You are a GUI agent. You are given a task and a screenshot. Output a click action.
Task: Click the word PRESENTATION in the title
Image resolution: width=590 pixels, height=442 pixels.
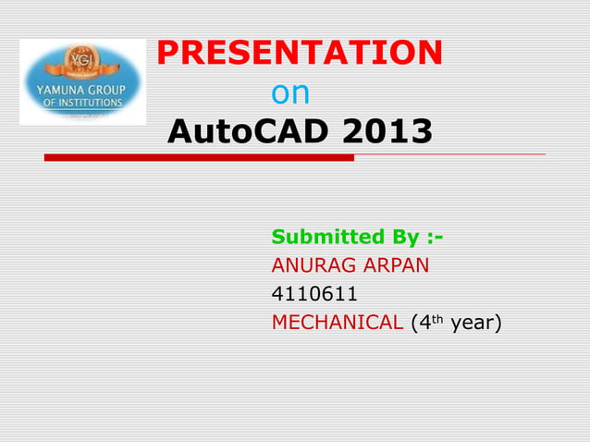300,54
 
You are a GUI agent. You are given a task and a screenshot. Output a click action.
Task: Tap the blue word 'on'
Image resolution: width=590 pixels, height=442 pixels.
290,93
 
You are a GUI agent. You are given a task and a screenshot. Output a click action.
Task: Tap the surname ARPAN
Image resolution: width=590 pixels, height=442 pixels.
399,266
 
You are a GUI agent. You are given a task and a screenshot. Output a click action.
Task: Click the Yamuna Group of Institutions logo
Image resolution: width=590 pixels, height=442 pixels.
83,82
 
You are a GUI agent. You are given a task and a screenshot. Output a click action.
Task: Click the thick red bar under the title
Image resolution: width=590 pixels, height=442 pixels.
199,158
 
